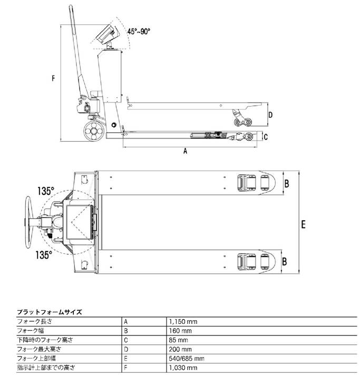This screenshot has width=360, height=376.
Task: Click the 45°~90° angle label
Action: (139, 31)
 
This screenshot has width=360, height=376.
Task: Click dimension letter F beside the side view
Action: (54, 80)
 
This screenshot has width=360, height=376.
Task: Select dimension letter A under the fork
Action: (185, 151)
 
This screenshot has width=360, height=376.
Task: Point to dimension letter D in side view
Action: (270, 114)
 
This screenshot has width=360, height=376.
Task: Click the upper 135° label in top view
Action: (46, 190)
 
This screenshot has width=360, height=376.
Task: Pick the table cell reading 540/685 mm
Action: (186, 358)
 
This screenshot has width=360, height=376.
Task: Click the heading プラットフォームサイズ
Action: (50, 312)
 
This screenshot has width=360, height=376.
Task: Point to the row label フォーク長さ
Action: (35, 321)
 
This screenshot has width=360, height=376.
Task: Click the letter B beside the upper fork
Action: (287, 183)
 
